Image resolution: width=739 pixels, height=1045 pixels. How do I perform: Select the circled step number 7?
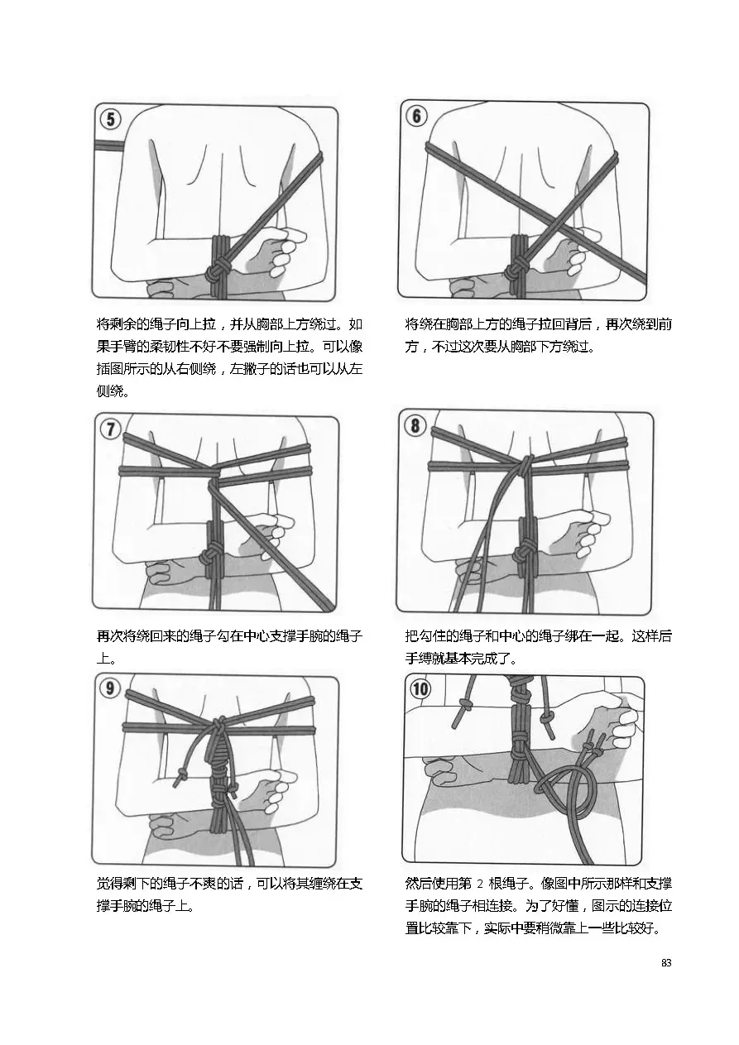[110, 429]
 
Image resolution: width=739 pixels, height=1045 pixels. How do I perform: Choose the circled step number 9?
[110, 688]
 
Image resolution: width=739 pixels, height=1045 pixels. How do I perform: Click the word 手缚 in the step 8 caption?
[420, 659]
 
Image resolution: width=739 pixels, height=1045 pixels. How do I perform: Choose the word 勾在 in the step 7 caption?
[217, 636]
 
